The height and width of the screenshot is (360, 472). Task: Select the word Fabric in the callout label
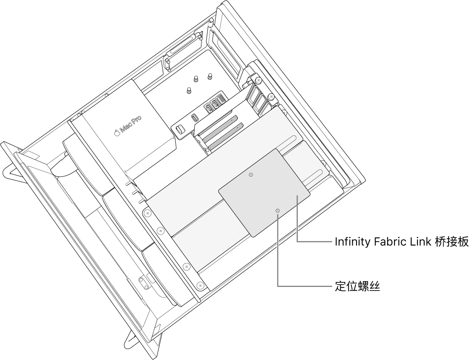coord(388,242)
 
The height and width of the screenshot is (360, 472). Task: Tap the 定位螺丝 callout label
coord(357,287)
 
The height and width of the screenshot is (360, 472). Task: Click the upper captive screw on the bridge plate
coord(250,175)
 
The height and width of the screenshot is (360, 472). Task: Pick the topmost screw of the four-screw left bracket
coord(146,213)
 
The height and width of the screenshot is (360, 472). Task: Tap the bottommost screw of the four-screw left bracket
coord(200,285)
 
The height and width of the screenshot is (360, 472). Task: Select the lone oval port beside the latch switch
coord(194,117)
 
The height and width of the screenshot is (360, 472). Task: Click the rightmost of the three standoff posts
coord(210,77)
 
